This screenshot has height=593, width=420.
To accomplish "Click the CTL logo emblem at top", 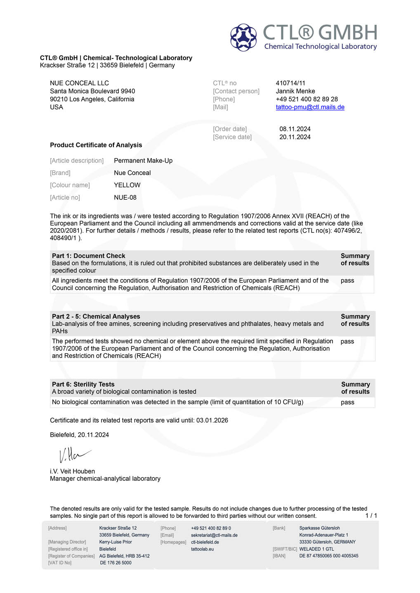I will click(x=243, y=37).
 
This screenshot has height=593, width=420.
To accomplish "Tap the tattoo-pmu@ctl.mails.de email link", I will click(x=310, y=107).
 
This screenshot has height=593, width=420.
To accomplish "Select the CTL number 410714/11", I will click(x=290, y=83).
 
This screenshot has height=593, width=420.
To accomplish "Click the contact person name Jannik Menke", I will click(x=295, y=91).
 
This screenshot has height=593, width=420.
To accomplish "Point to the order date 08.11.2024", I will click(x=295, y=129).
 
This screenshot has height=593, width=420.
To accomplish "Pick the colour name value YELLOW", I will click(x=127, y=185).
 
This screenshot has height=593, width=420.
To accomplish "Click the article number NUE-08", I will click(x=125, y=198).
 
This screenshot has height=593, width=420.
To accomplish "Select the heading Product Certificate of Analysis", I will click(x=96, y=145).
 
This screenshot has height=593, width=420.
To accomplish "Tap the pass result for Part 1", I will click(x=347, y=281).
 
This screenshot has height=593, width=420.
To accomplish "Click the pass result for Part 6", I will click(x=347, y=402).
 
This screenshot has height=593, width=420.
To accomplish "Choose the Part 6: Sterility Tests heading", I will click(x=83, y=384).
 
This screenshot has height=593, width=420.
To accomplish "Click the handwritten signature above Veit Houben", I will click(x=74, y=455).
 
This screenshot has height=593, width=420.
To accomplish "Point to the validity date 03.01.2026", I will click(x=212, y=420).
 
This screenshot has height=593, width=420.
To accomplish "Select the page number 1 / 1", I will click(x=371, y=516).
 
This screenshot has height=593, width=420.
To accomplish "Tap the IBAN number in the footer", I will click(x=328, y=556).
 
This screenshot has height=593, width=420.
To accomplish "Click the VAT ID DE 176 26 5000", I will click(x=116, y=563).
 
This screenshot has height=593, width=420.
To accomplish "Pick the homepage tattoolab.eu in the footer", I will click(x=202, y=549).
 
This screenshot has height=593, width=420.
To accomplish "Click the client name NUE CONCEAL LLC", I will click(x=79, y=83).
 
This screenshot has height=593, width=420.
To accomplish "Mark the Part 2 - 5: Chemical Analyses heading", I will click(x=96, y=316).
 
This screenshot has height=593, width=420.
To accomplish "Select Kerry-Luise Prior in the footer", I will click(x=116, y=542).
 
